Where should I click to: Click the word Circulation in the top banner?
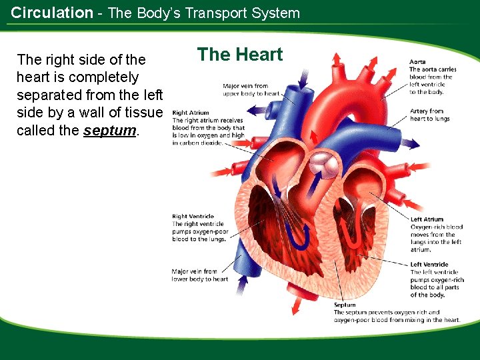pyautogui.click(x=52, y=13)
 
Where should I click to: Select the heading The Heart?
pyautogui.click(x=240, y=55)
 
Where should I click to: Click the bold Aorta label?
pyautogui.click(x=417, y=62)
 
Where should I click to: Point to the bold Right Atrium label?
pyautogui.click(x=191, y=113)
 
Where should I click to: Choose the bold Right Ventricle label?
pyautogui.click(x=193, y=217)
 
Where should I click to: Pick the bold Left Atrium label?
pyautogui.click(x=427, y=219)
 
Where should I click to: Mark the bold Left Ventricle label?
pyautogui.click(x=429, y=265)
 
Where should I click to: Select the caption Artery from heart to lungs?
pyautogui.click(x=429, y=115)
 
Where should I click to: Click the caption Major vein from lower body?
pyautogui.click(x=199, y=275)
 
